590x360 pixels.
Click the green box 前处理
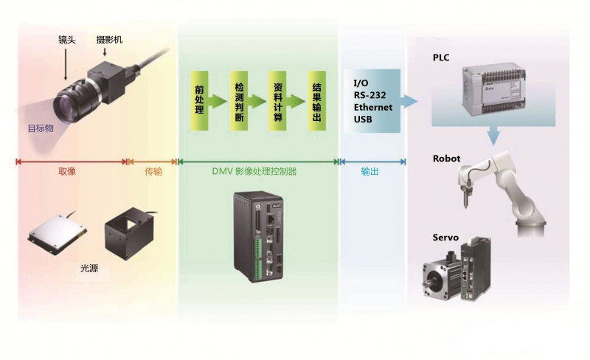198,101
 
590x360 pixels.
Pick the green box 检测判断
238,101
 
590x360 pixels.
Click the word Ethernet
372,106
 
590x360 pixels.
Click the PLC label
441,58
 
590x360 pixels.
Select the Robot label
447,158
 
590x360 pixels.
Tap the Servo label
445,238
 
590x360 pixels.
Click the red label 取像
67,171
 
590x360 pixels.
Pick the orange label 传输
153,171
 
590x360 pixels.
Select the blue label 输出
370,171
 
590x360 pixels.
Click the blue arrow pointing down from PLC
493,134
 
